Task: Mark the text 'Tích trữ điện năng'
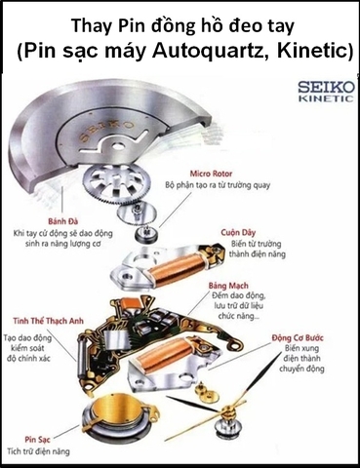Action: pos(50,452)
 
